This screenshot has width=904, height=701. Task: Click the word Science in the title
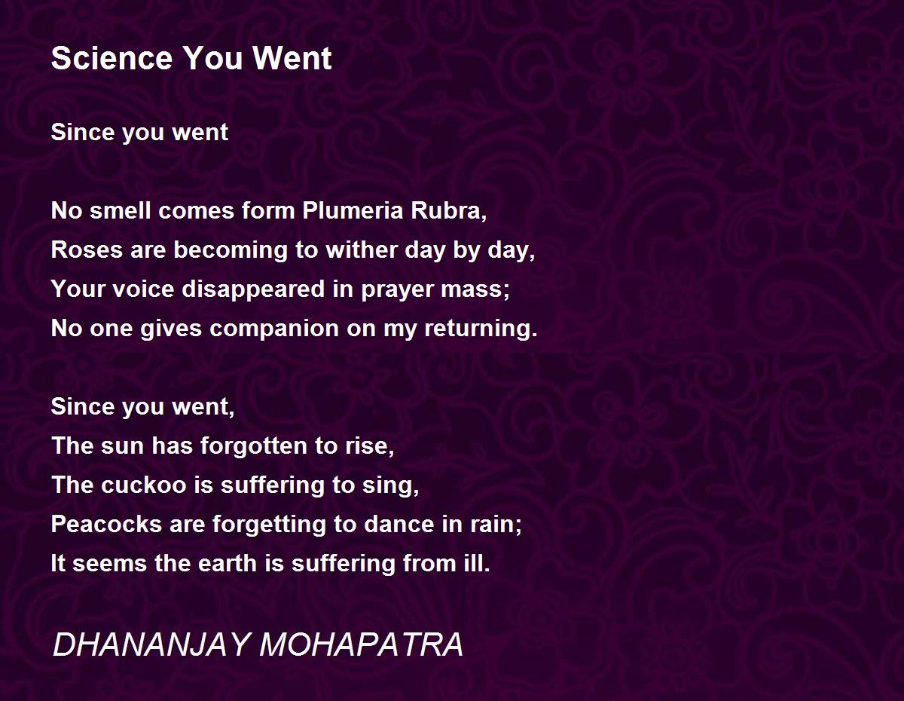[111, 58]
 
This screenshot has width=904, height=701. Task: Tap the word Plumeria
[353, 210]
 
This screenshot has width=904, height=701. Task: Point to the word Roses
[87, 249]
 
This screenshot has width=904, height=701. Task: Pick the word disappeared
[253, 289]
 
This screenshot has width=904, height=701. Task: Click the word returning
[481, 329]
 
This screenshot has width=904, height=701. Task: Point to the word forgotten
[254, 445]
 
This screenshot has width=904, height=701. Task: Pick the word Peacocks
[106, 524]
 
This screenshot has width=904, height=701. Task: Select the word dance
[399, 524]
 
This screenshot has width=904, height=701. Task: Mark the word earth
[228, 564]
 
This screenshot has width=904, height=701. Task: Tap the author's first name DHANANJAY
[151, 644]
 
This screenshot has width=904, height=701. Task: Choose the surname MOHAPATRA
[361, 644]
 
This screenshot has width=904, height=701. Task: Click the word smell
[121, 210]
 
